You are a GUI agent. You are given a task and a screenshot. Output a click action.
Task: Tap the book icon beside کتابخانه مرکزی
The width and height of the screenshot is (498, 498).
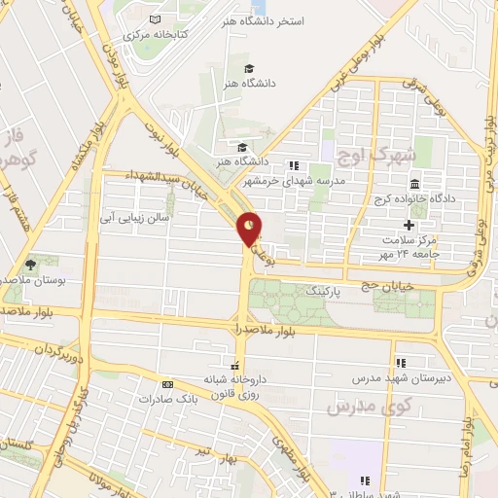155,18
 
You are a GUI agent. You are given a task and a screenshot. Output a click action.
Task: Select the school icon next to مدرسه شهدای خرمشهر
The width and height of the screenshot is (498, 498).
294,164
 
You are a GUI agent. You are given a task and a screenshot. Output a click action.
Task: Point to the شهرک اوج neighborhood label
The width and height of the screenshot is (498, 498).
373,154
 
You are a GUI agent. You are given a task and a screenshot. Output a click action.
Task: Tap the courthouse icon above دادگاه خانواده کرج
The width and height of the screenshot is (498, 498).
414,185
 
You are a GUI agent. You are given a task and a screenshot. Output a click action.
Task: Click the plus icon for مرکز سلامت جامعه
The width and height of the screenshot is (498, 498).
422,224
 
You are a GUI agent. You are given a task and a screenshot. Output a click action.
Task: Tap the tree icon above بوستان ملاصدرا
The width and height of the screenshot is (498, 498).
31,263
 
